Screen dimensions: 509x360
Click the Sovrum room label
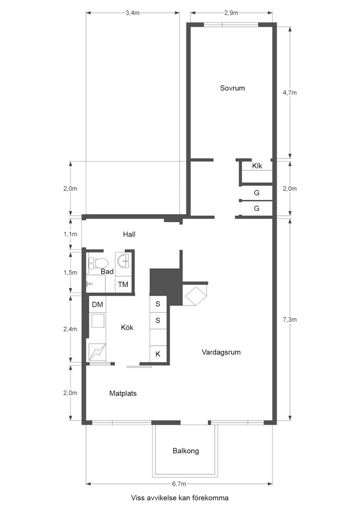232,88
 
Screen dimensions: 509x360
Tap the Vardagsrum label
221,352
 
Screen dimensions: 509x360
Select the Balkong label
186,451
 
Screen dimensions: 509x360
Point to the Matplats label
123,393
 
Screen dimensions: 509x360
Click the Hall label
129,234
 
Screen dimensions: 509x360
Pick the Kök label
127,328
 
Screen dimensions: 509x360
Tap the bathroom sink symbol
123,260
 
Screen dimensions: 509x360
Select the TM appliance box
123,284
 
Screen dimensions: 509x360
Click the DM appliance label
98,304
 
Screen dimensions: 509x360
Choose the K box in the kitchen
158,353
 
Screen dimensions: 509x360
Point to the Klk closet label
257,166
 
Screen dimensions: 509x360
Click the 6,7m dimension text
179,484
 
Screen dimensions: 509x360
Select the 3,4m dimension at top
132,13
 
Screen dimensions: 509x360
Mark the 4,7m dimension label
290,92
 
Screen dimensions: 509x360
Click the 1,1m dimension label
70,233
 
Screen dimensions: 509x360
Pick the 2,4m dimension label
70,329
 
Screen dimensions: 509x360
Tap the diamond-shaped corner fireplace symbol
195,296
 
